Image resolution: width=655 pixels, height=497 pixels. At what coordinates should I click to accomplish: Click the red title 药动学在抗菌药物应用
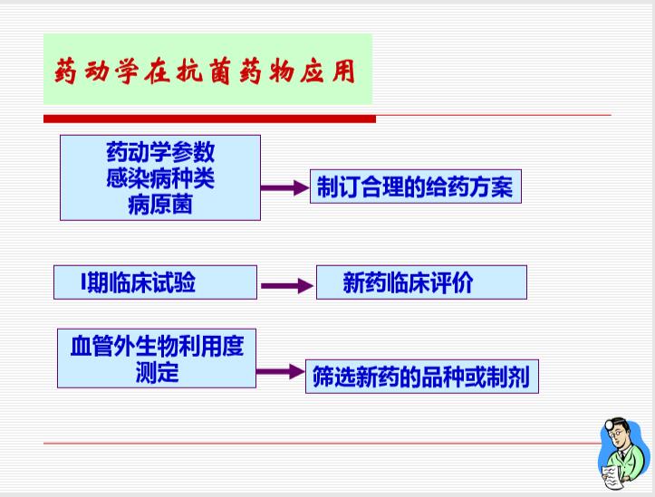[205, 71]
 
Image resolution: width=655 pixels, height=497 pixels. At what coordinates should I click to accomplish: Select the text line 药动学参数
[160, 152]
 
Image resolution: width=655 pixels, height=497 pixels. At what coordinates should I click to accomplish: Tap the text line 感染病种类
[160, 178]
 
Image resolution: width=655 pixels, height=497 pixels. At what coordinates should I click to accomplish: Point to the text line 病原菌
[160, 205]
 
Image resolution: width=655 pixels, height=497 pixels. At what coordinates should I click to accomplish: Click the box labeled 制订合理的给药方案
[416, 186]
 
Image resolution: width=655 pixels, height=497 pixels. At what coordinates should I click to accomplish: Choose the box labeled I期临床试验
[156, 282]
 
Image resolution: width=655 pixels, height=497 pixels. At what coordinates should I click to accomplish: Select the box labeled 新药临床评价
[421, 282]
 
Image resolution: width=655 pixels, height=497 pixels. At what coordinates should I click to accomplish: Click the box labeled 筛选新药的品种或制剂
[422, 377]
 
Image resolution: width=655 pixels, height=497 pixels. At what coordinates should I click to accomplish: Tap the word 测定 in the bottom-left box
[157, 373]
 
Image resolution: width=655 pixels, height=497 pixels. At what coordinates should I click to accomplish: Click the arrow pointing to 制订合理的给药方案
[284, 187]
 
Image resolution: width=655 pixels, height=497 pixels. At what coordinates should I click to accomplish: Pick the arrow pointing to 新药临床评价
[287, 286]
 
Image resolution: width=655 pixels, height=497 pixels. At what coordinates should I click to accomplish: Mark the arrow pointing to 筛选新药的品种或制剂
[281, 371]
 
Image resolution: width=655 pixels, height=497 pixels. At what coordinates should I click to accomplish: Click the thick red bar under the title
[209, 119]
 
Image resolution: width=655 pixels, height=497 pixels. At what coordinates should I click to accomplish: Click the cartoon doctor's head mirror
[610, 425]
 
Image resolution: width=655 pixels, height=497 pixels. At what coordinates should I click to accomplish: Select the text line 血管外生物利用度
[157, 346]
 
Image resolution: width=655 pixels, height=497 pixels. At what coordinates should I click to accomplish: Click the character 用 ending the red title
[343, 71]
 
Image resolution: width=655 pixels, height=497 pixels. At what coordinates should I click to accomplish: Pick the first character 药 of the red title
[65, 72]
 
